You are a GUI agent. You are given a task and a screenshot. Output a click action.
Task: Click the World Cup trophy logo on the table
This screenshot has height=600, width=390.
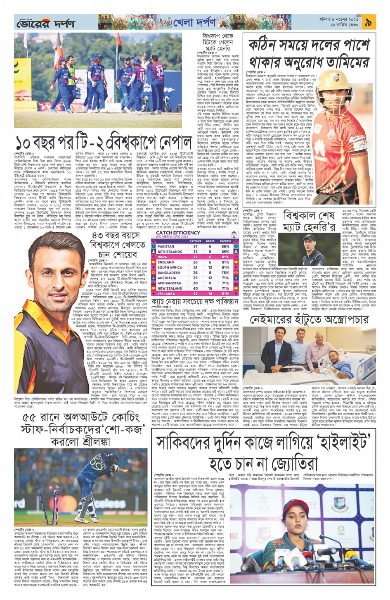(234, 235)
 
